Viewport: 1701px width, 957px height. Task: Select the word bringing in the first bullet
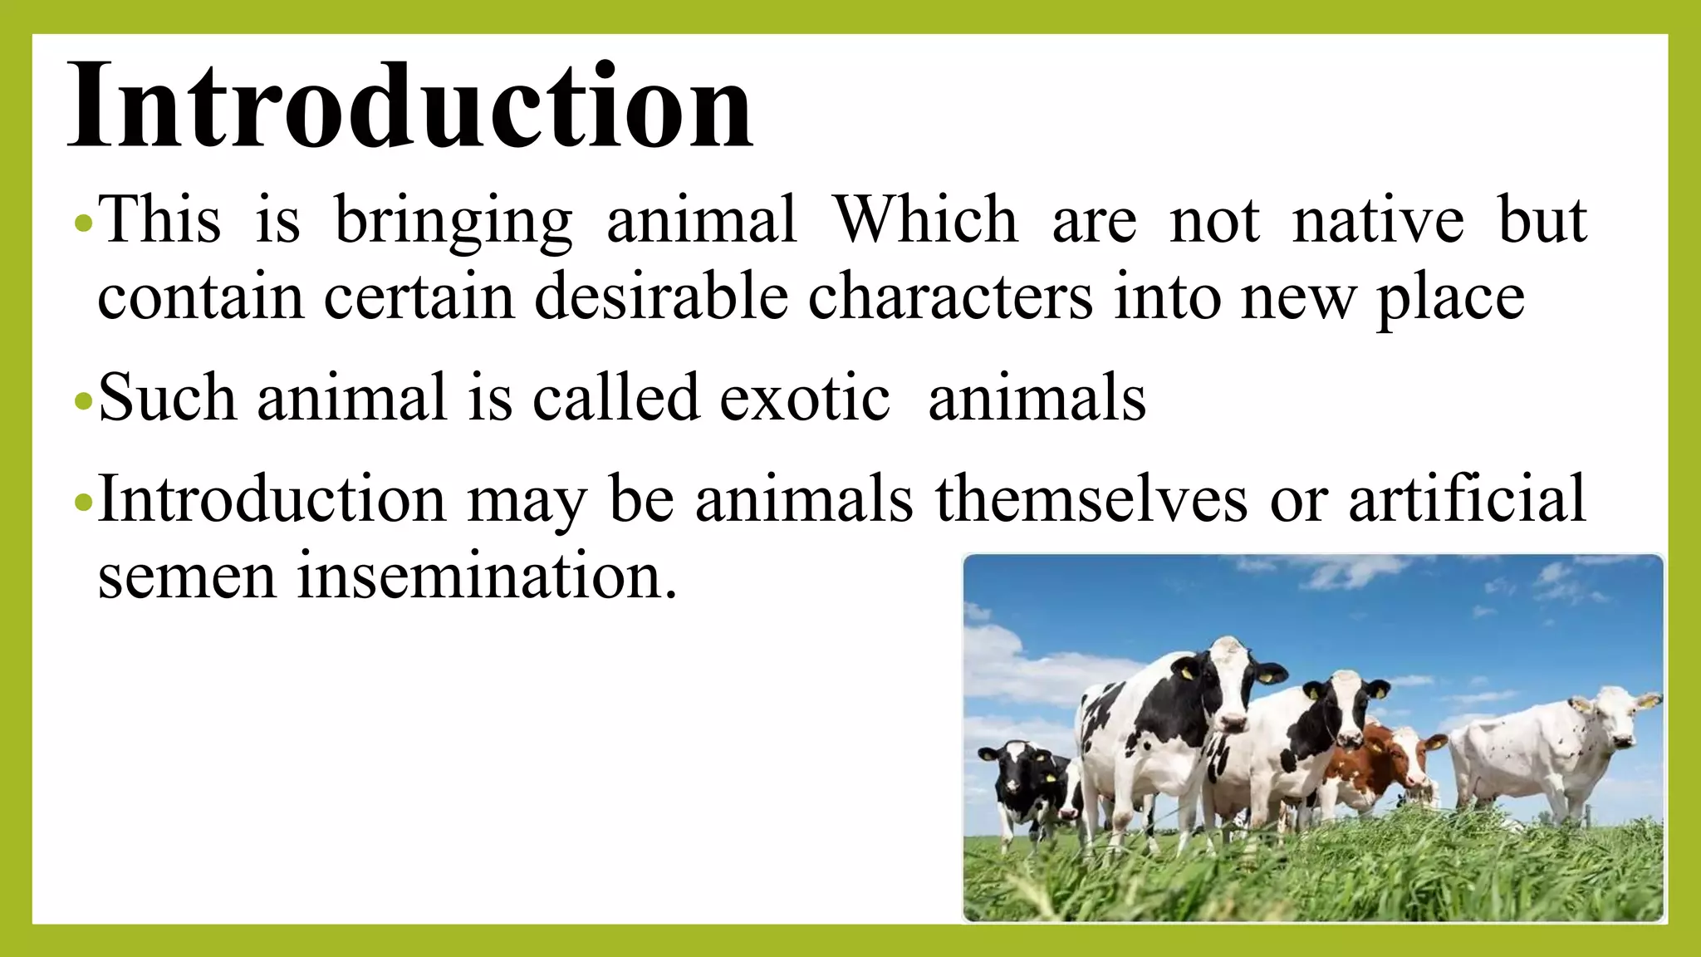(453, 220)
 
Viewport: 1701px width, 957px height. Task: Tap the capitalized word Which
(925, 220)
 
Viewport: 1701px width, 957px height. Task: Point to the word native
(1378, 220)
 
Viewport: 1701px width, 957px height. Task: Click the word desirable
(660, 297)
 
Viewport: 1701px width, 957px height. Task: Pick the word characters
(950, 297)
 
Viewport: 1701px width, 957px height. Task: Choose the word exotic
(804, 398)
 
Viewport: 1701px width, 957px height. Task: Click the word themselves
(1091, 499)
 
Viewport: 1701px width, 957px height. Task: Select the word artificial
(1467, 499)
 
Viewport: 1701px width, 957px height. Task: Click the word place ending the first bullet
(1450, 298)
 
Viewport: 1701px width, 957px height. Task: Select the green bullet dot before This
(81, 223)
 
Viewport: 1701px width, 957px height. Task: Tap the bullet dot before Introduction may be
(81, 503)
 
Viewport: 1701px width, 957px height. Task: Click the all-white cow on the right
(1545, 756)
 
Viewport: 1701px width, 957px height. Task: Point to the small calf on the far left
(1026, 785)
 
